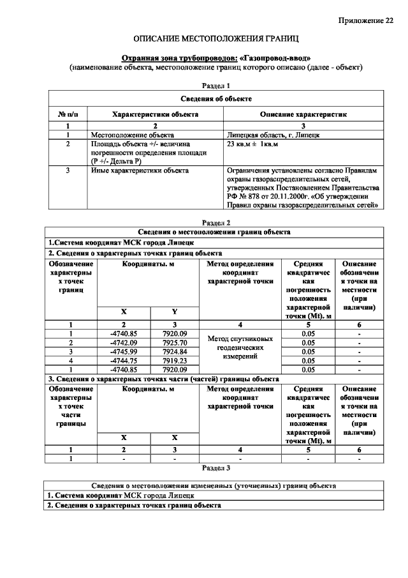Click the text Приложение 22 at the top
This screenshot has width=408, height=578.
[365, 22]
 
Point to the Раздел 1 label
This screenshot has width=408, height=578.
[215, 85]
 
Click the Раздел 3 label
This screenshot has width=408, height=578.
[215, 468]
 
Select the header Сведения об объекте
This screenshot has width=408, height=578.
[215, 99]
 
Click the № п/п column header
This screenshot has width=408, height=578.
[67, 114]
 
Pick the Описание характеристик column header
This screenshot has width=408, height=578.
[303, 114]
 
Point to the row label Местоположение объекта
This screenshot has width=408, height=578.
[132, 135]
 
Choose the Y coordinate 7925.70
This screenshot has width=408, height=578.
[174, 343]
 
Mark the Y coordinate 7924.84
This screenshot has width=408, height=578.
[174, 351]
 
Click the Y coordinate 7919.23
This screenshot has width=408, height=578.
[174, 360]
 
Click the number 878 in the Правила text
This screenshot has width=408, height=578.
[254, 197]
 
